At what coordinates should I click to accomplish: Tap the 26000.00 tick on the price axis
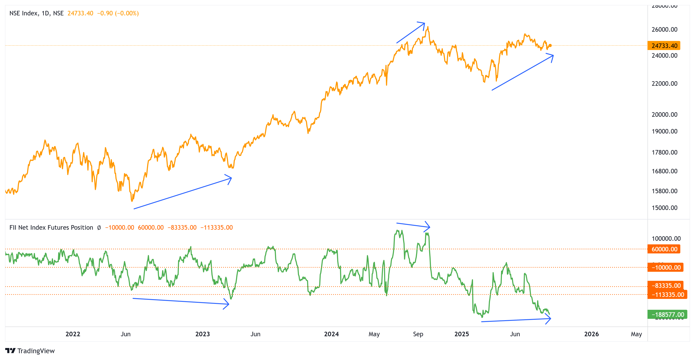tap(664, 29)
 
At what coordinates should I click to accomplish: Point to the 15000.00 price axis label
tap(664, 208)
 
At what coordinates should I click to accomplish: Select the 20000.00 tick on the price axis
tap(664, 114)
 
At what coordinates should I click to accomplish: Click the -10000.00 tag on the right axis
tap(666, 267)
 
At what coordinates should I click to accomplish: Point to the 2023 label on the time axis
tap(202, 334)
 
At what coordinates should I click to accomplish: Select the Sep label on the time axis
tap(418, 334)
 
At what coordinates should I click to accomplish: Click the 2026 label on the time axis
tap(591, 334)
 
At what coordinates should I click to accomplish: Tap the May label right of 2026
tap(636, 334)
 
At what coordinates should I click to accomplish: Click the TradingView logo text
tap(36, 351)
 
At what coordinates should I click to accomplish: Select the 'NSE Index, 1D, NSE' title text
tap(36, 13)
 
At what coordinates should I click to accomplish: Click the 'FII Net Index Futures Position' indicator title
tap(51, 228)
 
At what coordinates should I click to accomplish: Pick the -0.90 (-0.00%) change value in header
tap(118, 13)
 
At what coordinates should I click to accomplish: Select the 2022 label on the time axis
tap(73, 334)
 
